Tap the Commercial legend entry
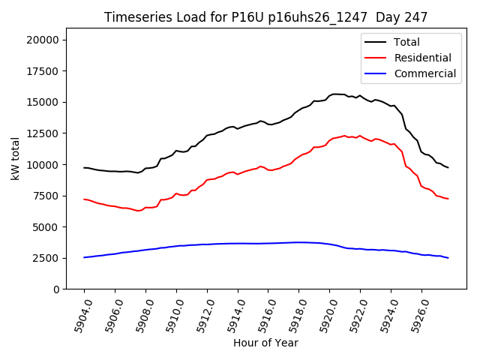(x=424, y=73)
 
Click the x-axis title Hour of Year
(x=265, y=343)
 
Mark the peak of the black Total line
(x=334, y=94)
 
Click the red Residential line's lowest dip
(x=137, y=211)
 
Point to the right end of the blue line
(x=448, y=258)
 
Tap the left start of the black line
(x=84, y=167)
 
